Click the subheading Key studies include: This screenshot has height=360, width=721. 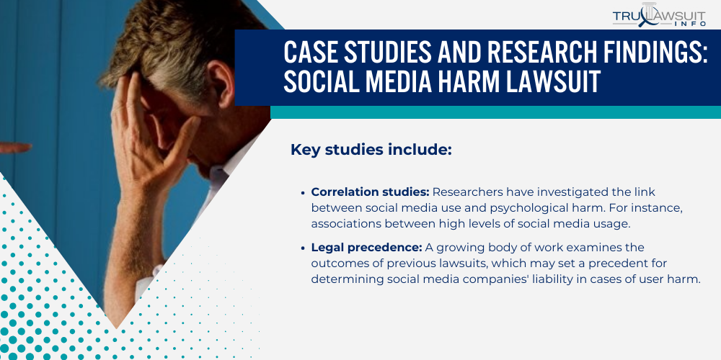[371, 150]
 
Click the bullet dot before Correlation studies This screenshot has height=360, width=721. [304, 193]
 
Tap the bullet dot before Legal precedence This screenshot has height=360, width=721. [304, 248]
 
